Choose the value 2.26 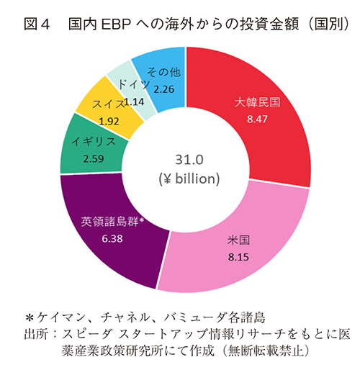pyautogui.click(x=163, y=89)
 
